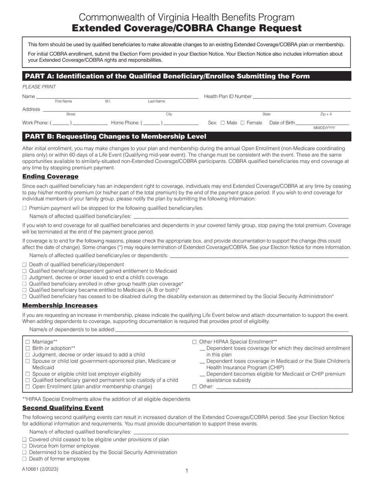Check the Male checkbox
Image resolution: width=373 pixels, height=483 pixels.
[x=223, y=123]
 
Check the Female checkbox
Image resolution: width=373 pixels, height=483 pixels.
[x=242, y=123]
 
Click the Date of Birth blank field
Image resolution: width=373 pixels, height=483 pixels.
[x=322, y=123]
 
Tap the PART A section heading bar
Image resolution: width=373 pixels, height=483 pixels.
[x=186, y=76]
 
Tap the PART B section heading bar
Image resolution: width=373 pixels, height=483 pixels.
[x=186, y=137]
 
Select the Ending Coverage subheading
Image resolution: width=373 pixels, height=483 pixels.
[x=50, y=176]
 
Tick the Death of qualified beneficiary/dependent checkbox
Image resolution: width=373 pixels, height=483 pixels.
[x=24, y=265]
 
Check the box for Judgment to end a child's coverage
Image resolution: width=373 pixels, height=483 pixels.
[x=24, y=278]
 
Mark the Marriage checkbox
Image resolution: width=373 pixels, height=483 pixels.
[x=28, y=342]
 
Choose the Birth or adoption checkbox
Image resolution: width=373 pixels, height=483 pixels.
[x=28, y=348]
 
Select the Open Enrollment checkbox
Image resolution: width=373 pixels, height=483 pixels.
[x=28, y=387]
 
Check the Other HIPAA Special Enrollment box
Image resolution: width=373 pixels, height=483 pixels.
[x=194, y=342]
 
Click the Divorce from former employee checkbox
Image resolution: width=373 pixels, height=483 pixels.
[x=24, y=446]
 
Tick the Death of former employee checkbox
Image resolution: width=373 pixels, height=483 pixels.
[x=24, y=459]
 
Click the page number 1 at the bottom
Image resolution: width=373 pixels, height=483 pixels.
[x=187, y=471]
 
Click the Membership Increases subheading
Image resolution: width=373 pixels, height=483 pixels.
[x=60, y=306]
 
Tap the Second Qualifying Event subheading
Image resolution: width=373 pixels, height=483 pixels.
[x=63, y=408]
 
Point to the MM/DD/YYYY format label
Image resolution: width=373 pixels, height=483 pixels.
[x=324, y=128]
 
